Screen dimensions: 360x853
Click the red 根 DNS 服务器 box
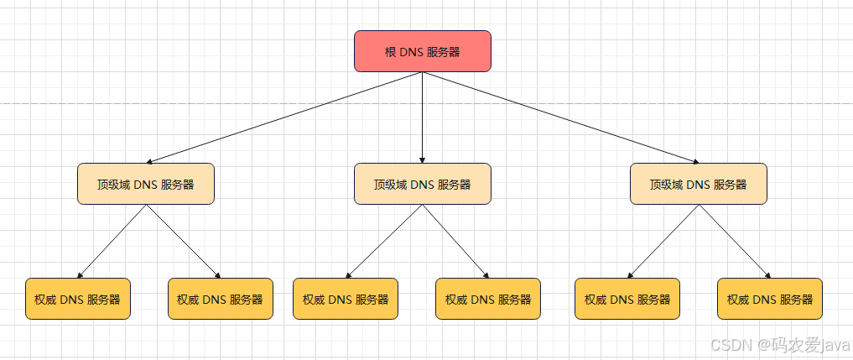[422, 51]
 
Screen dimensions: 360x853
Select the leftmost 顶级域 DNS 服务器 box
[146, 184]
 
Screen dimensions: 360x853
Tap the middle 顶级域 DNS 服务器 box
[422, 184]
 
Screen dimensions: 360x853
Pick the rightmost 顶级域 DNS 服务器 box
[698, 184]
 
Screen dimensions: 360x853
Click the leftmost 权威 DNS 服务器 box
[78, 299]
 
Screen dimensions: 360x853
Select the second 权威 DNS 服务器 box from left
[221, 299]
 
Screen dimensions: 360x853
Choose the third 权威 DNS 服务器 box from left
[346, 299]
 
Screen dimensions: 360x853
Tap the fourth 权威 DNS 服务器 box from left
[488, 299]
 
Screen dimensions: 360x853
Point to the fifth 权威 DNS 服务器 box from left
[627, 299]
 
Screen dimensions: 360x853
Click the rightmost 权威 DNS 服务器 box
[770, 299]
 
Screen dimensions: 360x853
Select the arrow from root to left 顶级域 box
[285, 117]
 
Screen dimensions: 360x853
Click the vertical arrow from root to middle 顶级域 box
[422, 117]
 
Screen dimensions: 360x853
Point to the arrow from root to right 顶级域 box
[559, 117]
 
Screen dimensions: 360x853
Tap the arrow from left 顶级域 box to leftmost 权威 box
[112, 241]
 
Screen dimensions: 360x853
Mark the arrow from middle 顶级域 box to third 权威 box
[384, 241]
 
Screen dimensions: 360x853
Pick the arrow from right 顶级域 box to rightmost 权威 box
[734, 241]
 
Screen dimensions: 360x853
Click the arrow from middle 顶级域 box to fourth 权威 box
[455, 241]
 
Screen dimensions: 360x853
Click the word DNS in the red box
[411, 52]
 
